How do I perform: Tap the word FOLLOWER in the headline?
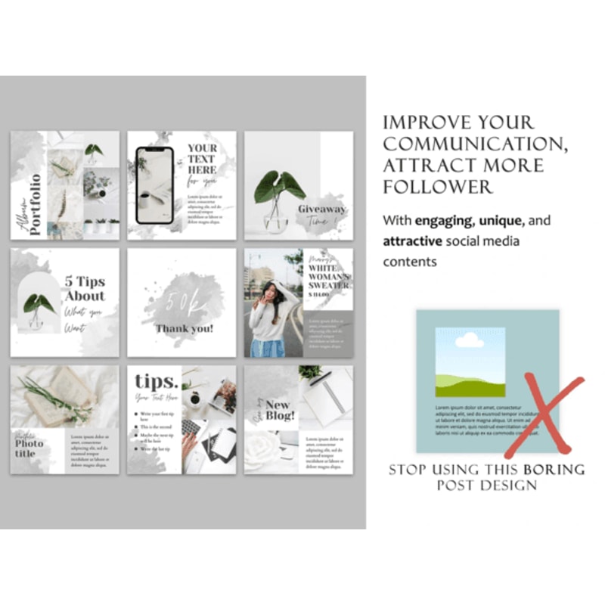[x=438, y=186]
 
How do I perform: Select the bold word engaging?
[x=442, y=222]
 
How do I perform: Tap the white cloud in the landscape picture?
[x=470, y=340]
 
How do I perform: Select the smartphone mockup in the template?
[x=154, y=185]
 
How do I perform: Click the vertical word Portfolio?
[x=35, y=205]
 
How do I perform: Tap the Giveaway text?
[x=321, y=209]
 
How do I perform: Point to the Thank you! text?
[x=185, y=328]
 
